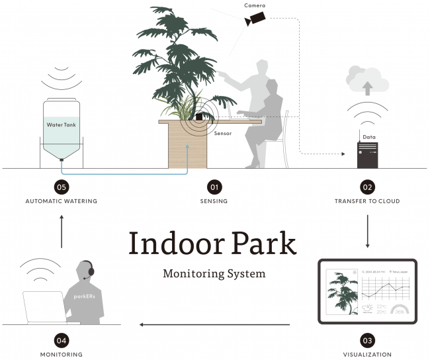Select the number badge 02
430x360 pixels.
point(366,187)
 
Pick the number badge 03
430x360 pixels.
point(367,340)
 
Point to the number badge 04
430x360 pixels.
point(62,340)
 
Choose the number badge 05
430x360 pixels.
point(62,187)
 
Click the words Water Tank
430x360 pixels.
point(62,124)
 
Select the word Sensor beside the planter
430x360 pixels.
point(223,133)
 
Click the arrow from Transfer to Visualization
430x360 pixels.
point(367,231)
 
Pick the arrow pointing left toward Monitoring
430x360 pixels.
point(214,325)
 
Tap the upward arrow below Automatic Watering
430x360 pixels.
point(62,231)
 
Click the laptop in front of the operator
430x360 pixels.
point(43,308)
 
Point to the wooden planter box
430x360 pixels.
point(188,146)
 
